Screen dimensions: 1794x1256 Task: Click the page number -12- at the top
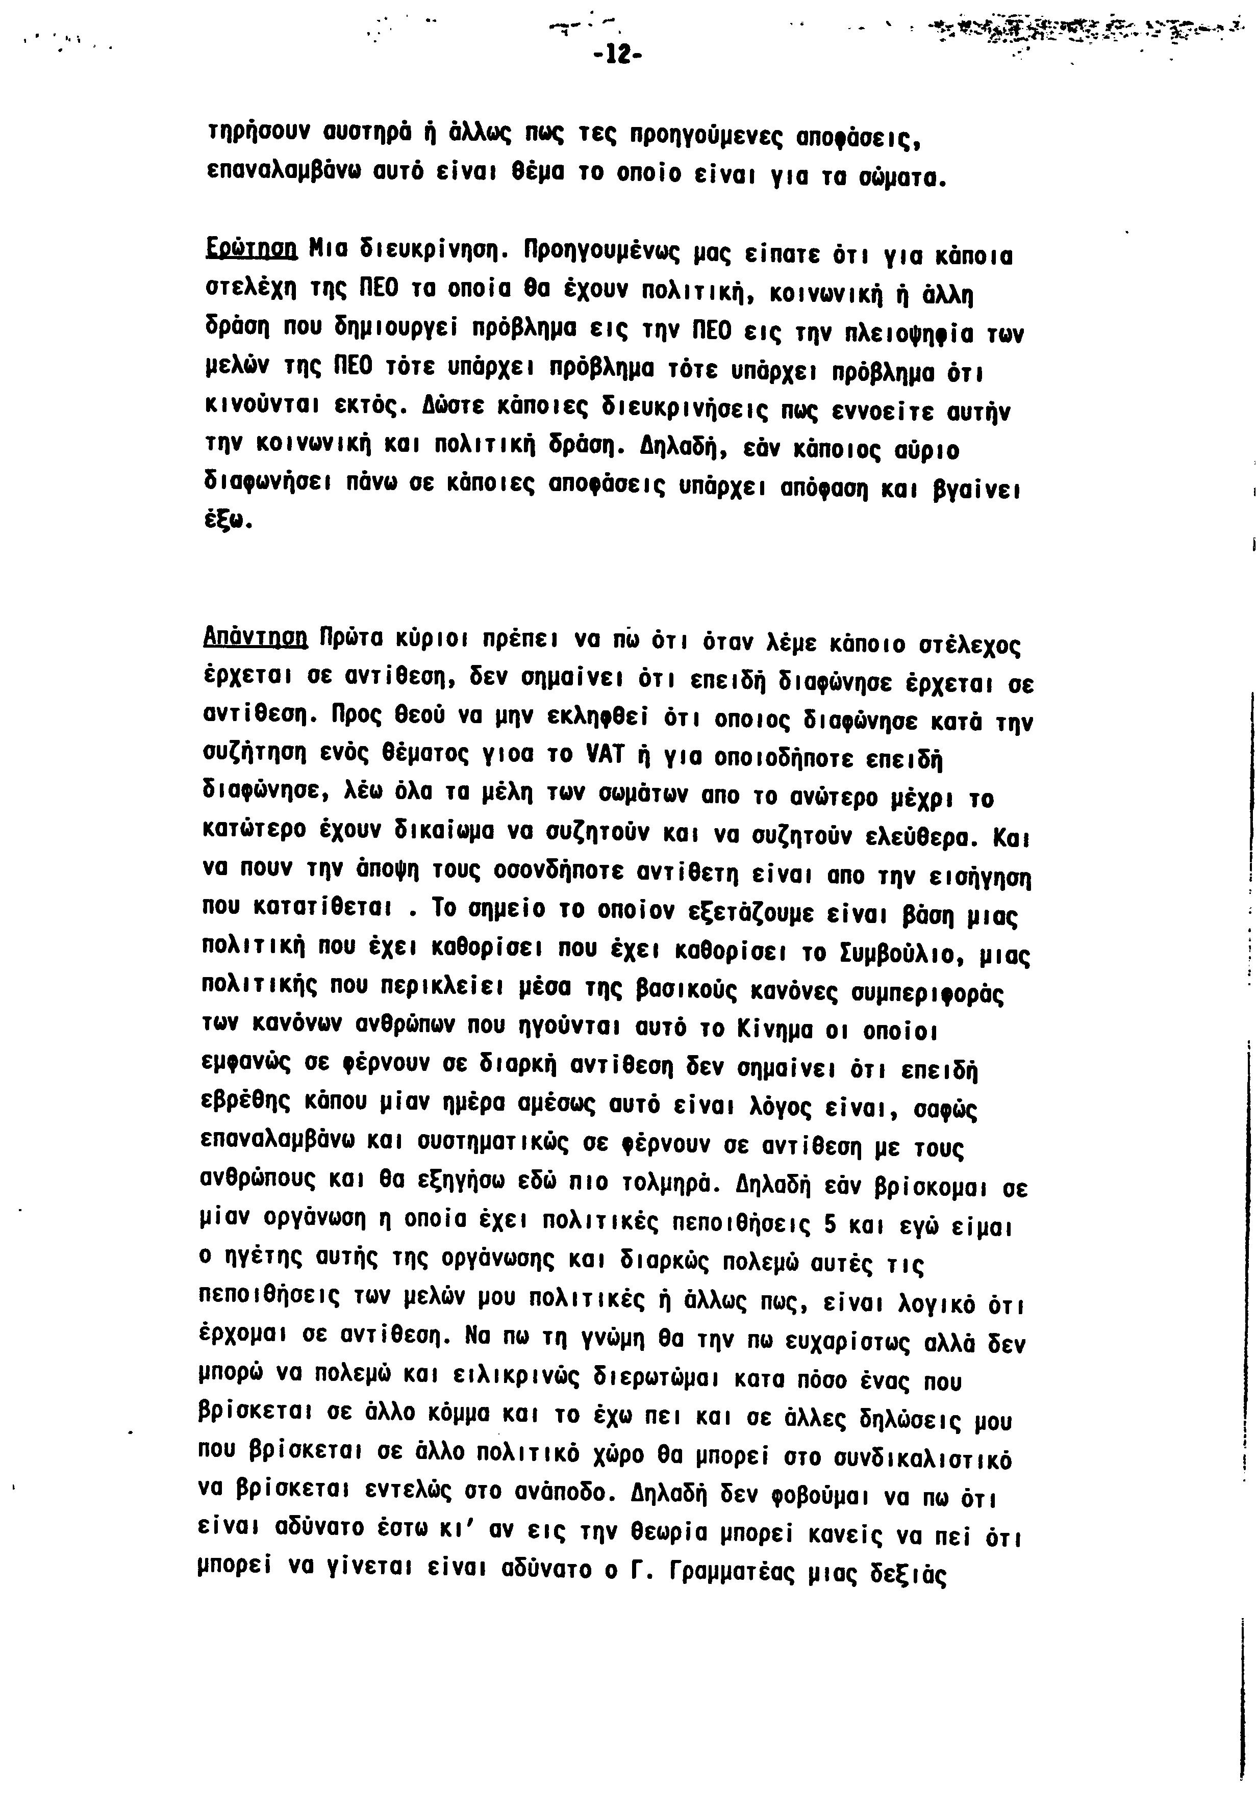[x=617, y=56]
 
